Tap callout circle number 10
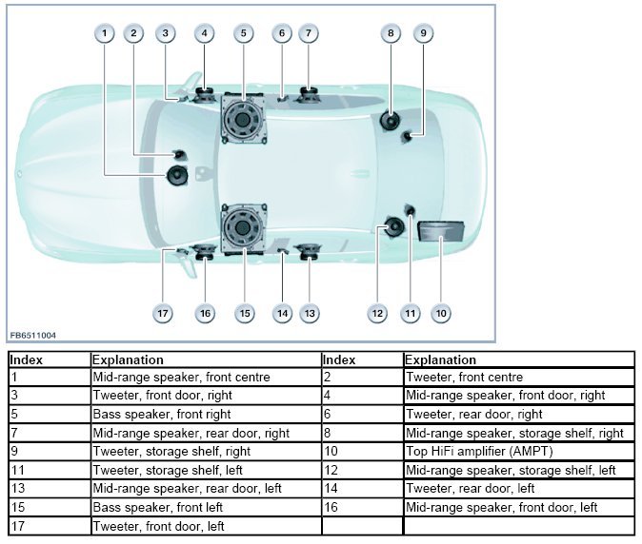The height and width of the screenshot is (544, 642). point(440,313)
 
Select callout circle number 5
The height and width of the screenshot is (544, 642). point(243,33)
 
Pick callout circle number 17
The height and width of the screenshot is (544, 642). point(164,313)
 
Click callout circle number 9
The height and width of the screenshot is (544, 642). point(423,33)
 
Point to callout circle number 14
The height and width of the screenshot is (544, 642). point(282,313)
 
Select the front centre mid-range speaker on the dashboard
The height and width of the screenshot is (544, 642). point(178,175)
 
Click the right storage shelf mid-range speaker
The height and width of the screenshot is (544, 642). point(391,121)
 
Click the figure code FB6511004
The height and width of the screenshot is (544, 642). point(33,336)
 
